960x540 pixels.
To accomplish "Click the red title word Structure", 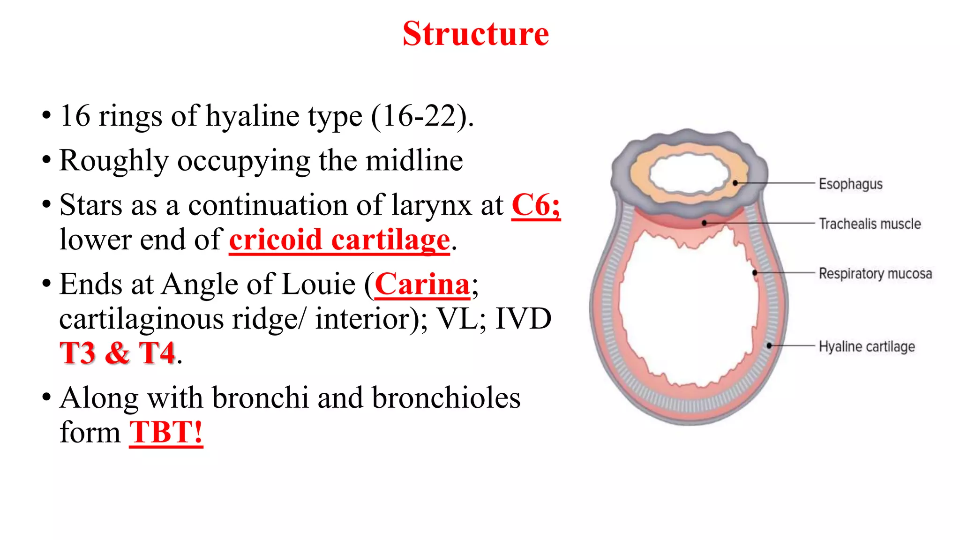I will (475, 34).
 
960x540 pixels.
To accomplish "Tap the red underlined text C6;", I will (535, 205).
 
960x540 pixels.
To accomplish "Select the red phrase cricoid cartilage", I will (339, 240).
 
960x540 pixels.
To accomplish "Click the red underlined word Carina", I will (422, 284).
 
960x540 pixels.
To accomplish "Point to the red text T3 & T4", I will (117, 352).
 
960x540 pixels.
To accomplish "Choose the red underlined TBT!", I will (166, 432).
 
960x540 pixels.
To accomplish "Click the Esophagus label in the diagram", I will (850, 184).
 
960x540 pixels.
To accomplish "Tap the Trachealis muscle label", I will (870, 224).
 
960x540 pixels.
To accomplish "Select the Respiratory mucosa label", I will (875, 273).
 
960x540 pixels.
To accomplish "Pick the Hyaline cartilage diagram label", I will (867, 346).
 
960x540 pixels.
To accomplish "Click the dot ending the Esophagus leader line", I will (735, 183).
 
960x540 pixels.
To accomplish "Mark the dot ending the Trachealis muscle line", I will (704, 223).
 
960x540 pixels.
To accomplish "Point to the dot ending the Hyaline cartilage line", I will (769, 346).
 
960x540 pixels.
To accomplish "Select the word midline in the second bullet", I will (414, 160).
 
